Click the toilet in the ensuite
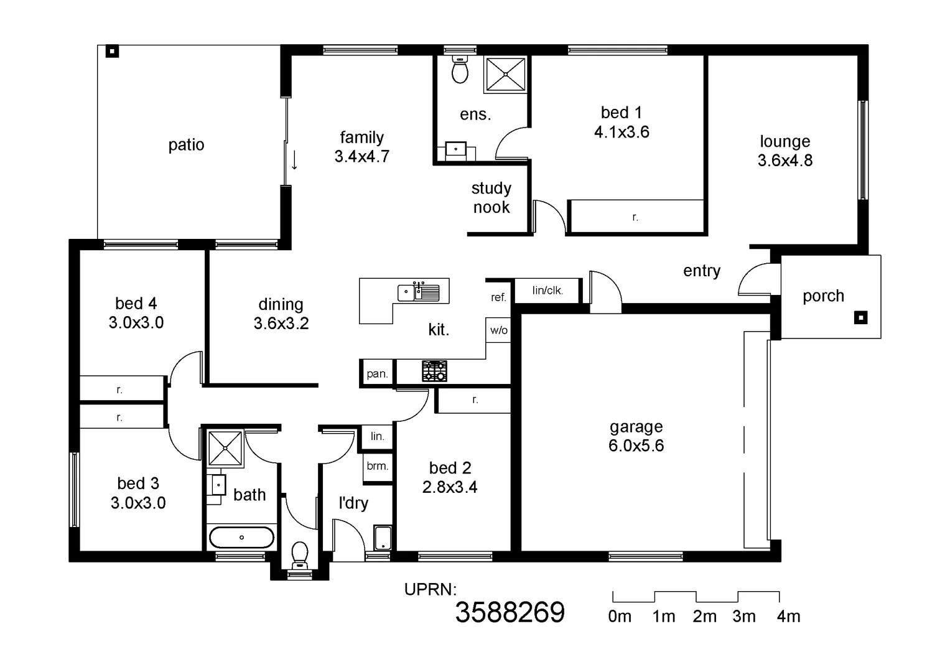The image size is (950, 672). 460,70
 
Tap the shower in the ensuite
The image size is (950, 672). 505,75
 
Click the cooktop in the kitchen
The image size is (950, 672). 434,371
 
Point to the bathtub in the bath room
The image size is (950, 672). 241,537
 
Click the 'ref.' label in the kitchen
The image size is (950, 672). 498,297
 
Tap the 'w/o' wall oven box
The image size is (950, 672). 498,330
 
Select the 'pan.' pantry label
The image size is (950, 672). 377,374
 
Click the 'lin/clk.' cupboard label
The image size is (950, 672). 547,290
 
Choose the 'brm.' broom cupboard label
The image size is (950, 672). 377,466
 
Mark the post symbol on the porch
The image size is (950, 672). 860,318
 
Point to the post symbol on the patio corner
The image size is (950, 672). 112,51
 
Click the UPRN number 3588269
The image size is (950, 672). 510,613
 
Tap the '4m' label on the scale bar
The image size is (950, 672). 788,617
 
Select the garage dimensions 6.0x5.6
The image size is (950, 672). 636,446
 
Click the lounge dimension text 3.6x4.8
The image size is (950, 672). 785,161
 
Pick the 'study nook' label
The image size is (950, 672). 491,198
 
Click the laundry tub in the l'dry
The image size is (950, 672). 382,538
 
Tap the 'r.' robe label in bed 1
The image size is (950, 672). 635,217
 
